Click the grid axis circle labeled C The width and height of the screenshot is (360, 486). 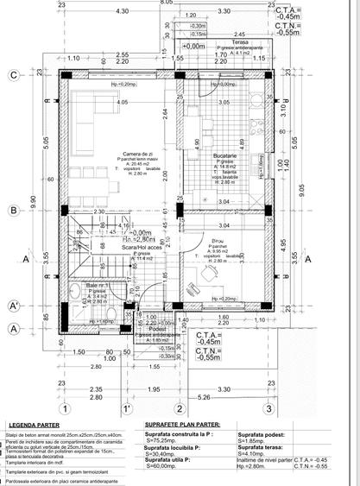(x=14, y=76)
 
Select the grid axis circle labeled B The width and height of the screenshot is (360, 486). (x=14, y=210)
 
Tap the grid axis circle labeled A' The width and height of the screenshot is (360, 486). (x=14, y=306)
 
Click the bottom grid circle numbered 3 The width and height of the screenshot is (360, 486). (x=269, y=408)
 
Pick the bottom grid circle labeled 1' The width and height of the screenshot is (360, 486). (x=127, y=408)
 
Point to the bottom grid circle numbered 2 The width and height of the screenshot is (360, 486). (x=179, y=408)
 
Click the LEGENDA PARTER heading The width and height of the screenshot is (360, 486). (x=35, y=426)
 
